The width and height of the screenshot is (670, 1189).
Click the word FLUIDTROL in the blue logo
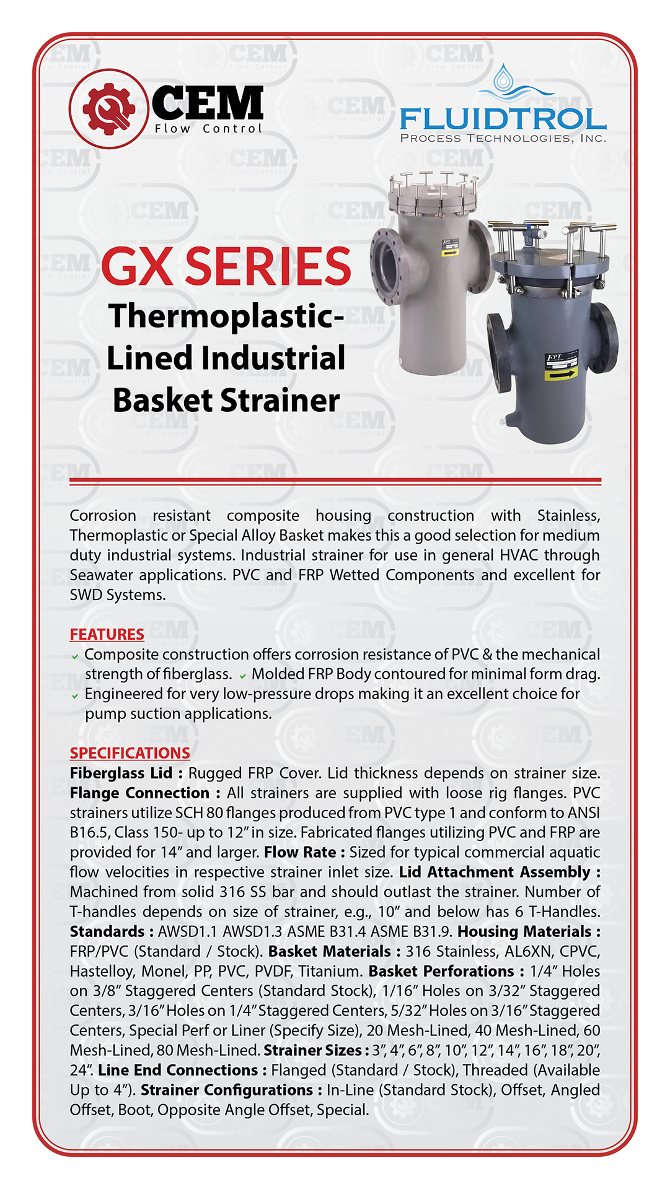point(503,119)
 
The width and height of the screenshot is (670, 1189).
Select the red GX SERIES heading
point(226,266)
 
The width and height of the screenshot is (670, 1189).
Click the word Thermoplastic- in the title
point(226,316)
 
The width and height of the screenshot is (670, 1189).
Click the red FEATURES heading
point(107,634)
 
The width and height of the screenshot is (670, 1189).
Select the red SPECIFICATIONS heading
point(130,753)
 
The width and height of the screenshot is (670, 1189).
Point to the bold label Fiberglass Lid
point(121,773)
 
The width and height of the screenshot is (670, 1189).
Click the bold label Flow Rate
point(300,853)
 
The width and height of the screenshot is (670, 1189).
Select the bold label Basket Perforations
point(441,972)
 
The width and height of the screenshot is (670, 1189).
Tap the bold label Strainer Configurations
point(227,1091)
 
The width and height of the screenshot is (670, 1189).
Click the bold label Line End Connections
point(178,1071)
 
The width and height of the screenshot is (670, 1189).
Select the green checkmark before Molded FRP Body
point(243,676)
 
